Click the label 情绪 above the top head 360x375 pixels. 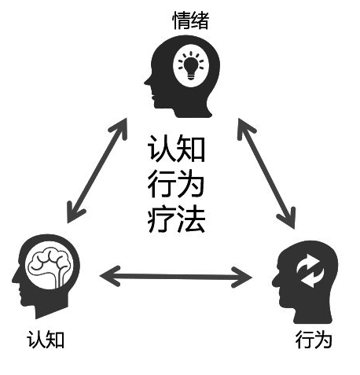tap(190, 20)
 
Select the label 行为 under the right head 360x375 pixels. tap(314, 340)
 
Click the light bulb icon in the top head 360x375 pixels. tap(191, 65)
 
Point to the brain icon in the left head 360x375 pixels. tap(49, 267)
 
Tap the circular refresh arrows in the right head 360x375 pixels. tap(310, 270)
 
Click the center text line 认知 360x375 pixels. tap(176, 149)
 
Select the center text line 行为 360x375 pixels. tap(176, 184)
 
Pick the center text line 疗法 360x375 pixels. tap(176, 219)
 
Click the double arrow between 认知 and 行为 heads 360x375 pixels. tap(176, 277)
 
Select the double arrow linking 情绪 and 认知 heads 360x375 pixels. tap(97, 171)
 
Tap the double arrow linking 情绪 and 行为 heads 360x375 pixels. tap(266, 174)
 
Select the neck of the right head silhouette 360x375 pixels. tap(312, 314)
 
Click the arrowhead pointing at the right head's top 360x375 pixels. tap(289, 219)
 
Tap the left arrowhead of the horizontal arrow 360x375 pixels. tap(109, 276)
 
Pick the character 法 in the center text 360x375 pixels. tap(191, 219)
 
